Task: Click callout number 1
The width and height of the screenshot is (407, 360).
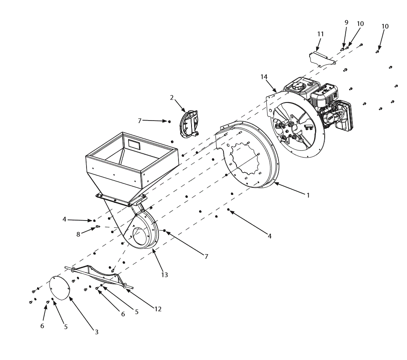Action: coord(308,195)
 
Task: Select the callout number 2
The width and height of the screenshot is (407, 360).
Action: coord(172,97)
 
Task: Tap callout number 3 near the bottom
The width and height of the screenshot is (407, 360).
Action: coord(96,332)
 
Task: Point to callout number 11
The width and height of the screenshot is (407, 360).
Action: coord(320,34)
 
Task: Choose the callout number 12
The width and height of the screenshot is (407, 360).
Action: coord(158,309)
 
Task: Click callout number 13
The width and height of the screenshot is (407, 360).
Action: coord(165,275)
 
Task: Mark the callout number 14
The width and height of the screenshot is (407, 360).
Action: coord(264,77)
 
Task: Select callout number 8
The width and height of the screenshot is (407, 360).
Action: coord(78,234)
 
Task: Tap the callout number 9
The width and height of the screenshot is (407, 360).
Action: coord(347,23)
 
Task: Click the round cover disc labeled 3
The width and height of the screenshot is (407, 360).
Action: coord(60,287)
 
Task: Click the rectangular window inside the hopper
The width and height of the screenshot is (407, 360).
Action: coord(135,144)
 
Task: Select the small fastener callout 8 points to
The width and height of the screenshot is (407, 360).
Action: coord(97,227)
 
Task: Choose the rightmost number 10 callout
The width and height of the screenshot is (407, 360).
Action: coord(385,26)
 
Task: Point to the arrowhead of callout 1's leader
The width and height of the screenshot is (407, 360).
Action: coord(275,184)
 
